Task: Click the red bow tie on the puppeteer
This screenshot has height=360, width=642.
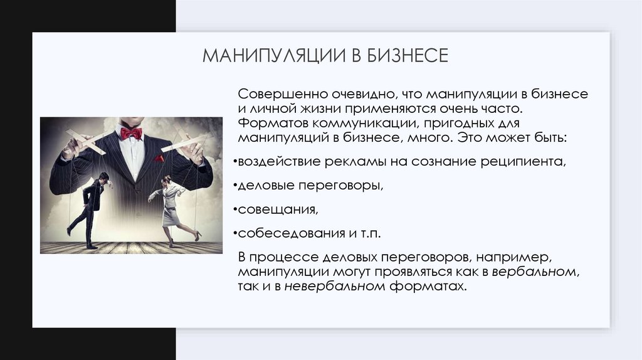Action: (x=131, y=133)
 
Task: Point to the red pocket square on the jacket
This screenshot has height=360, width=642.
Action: (x=159, y=159)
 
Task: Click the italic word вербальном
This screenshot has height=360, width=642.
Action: (x=534, y=273)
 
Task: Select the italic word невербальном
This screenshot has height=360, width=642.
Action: (x=334, y=287)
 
